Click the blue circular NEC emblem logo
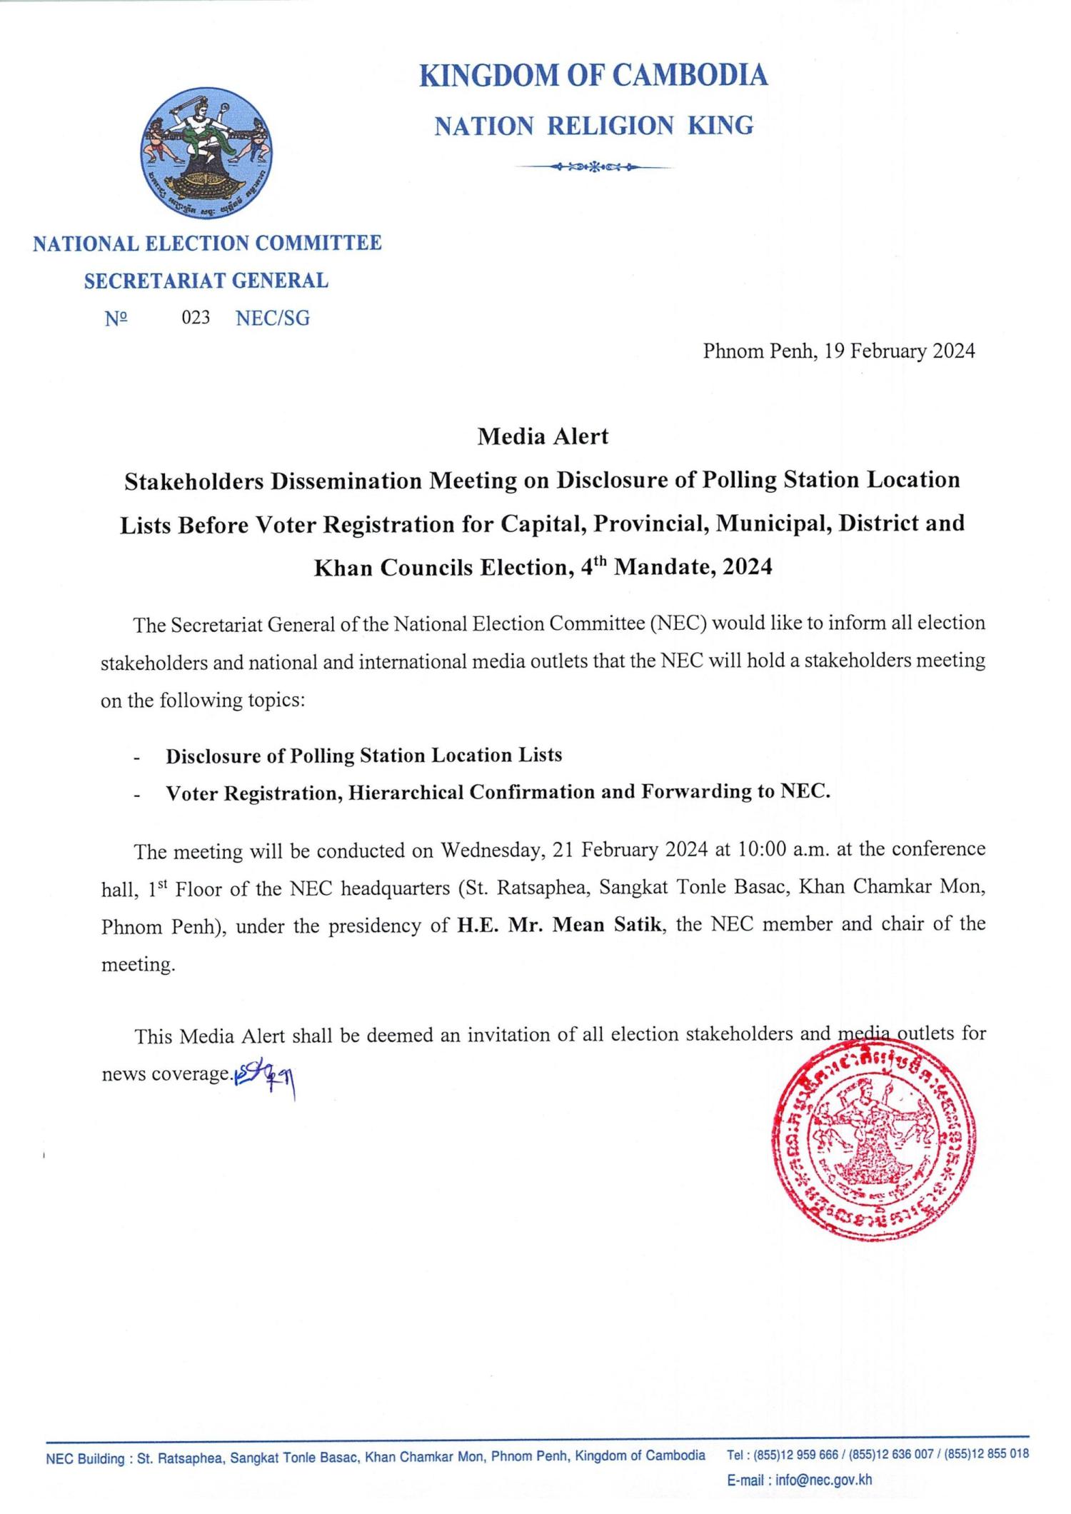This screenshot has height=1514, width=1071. [x=206, y=154]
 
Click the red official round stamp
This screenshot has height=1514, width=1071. [x=874, y=1139]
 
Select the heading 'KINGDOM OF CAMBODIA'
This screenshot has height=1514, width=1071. [x=593, y=76]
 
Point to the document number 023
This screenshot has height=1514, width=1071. [x=196, y=318]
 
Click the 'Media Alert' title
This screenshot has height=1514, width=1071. [x=543, y=436]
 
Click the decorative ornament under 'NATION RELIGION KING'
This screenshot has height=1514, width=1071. [x=593, y=168]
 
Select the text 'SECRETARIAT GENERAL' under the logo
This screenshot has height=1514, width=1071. [x=206, y=281]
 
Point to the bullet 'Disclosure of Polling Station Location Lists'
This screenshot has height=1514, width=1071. [x=364, y=756]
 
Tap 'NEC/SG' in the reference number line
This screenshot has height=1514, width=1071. [x=273, y=318]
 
